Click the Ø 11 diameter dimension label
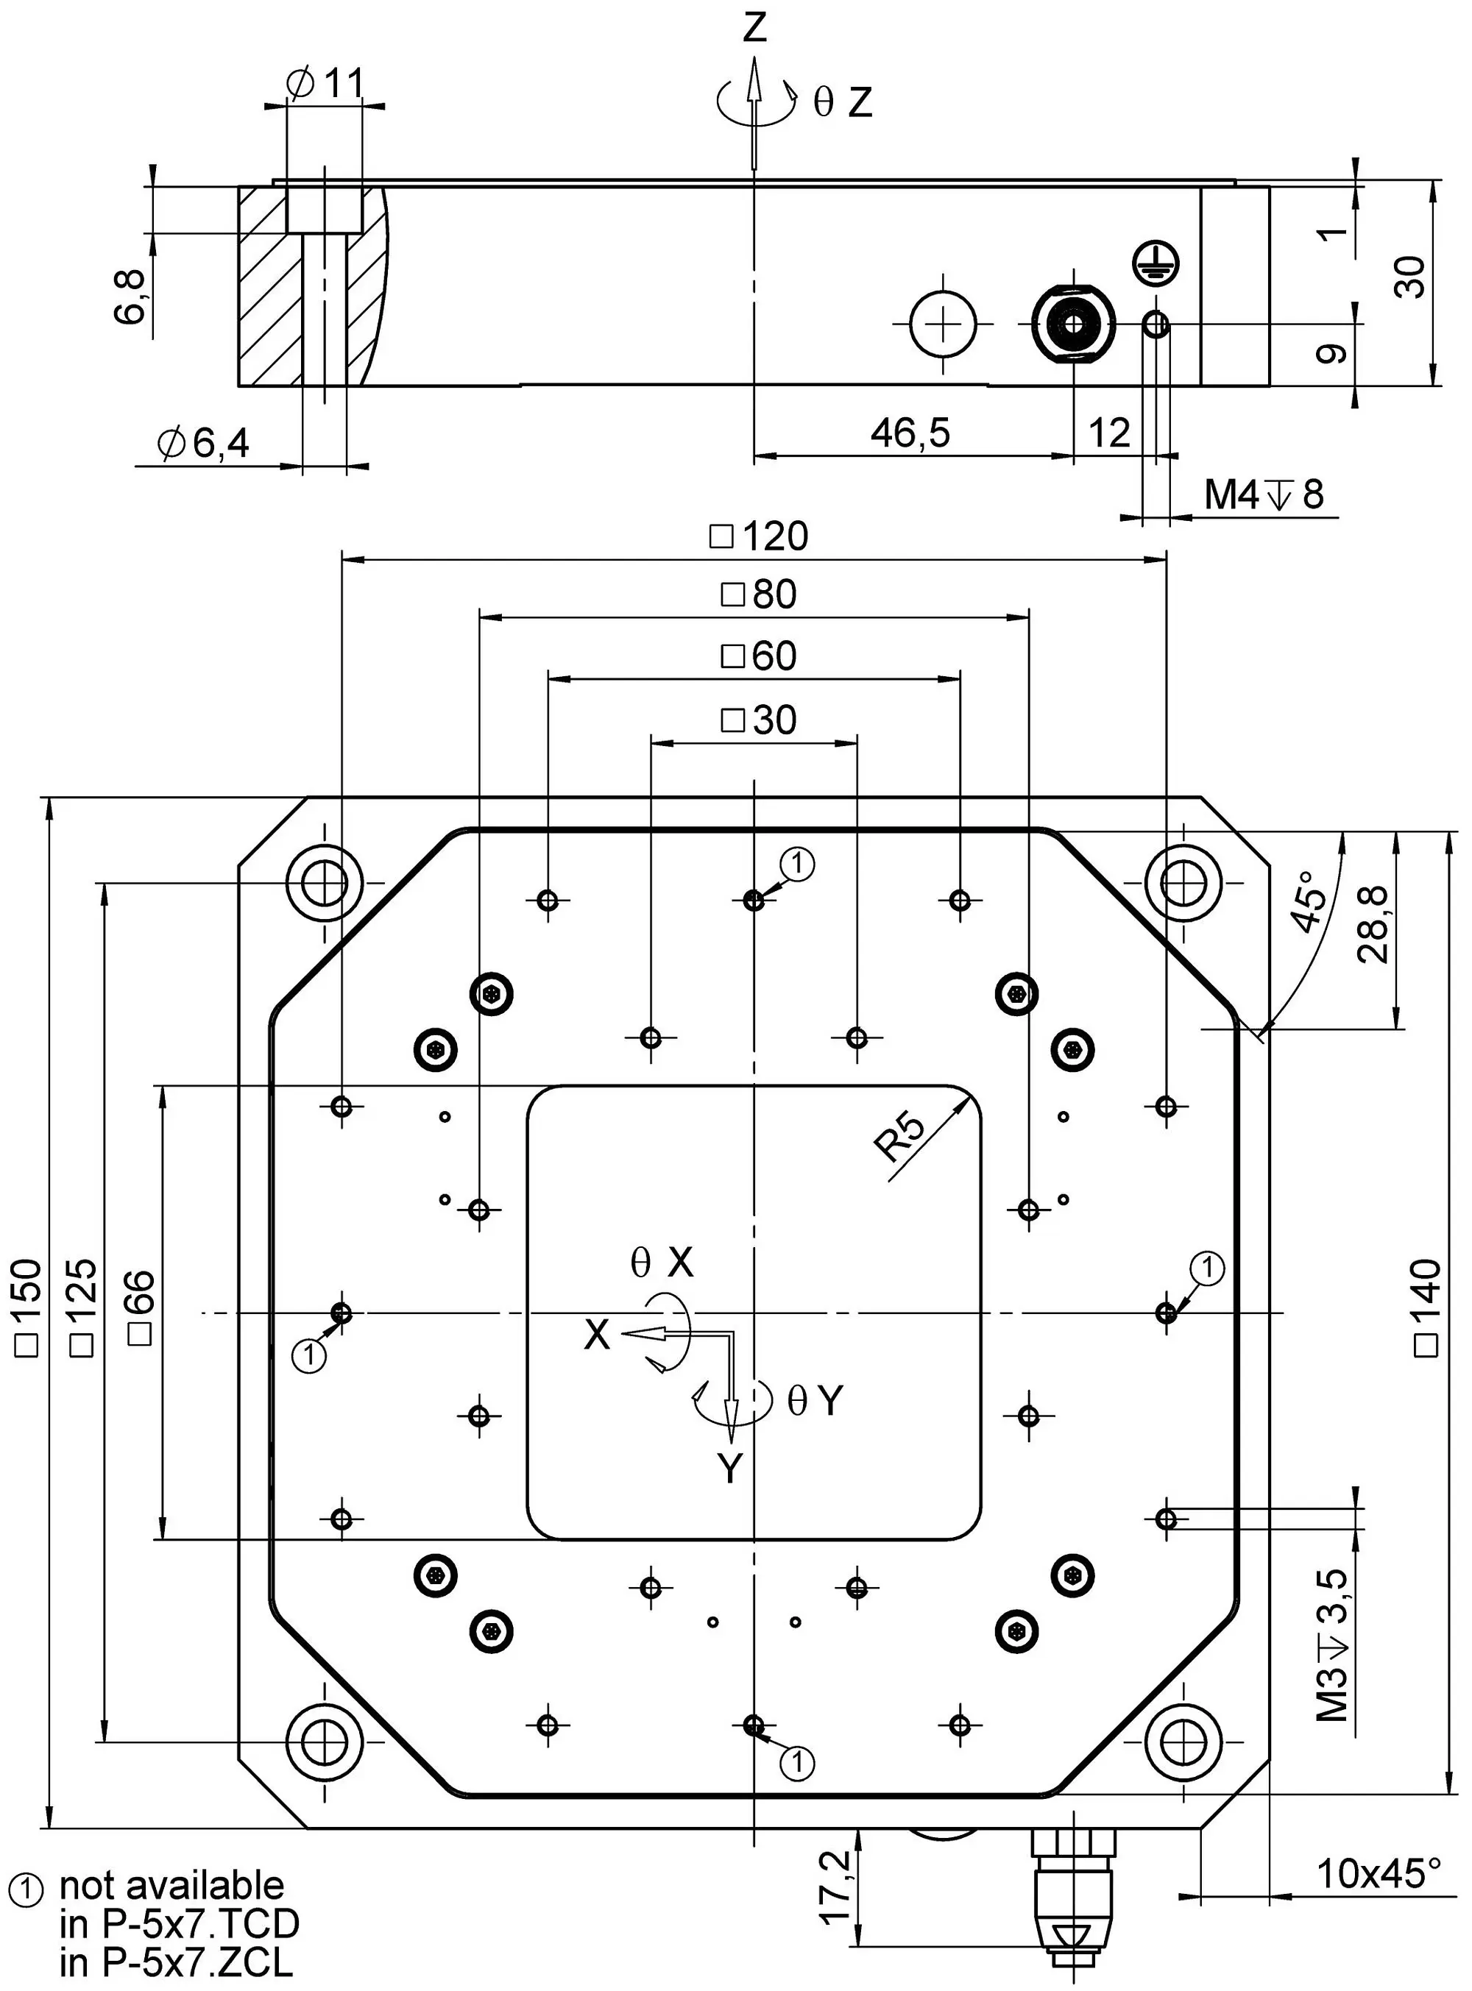(326, 84)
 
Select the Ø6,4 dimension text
(202, 443)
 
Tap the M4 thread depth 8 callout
(1264, 494)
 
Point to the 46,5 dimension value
(910, 433)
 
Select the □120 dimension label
(759, 536)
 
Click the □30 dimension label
(758, 720)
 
